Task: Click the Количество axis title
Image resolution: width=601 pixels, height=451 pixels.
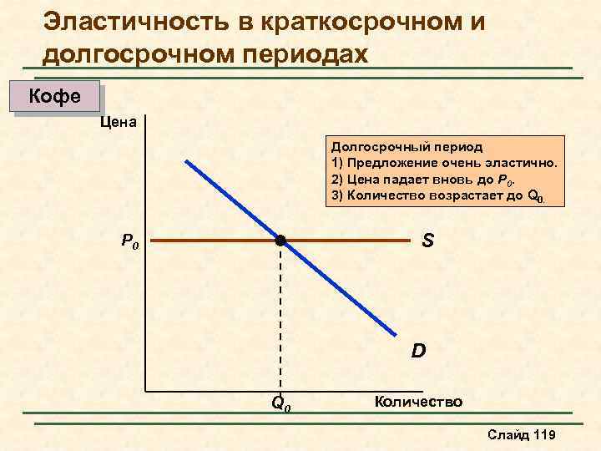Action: [x=418, y=402]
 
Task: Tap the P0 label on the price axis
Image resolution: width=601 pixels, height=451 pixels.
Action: [x=131, y=242]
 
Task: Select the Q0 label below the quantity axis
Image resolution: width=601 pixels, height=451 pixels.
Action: [x=281, y=403]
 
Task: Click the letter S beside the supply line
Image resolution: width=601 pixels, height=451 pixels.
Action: [x=427, y=241]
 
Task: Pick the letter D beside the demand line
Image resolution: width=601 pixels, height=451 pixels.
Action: [x=418, y=351]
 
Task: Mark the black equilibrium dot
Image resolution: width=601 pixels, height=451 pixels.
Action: [x=280, y=241]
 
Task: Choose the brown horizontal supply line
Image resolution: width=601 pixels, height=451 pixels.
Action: [x=209, y=241]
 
